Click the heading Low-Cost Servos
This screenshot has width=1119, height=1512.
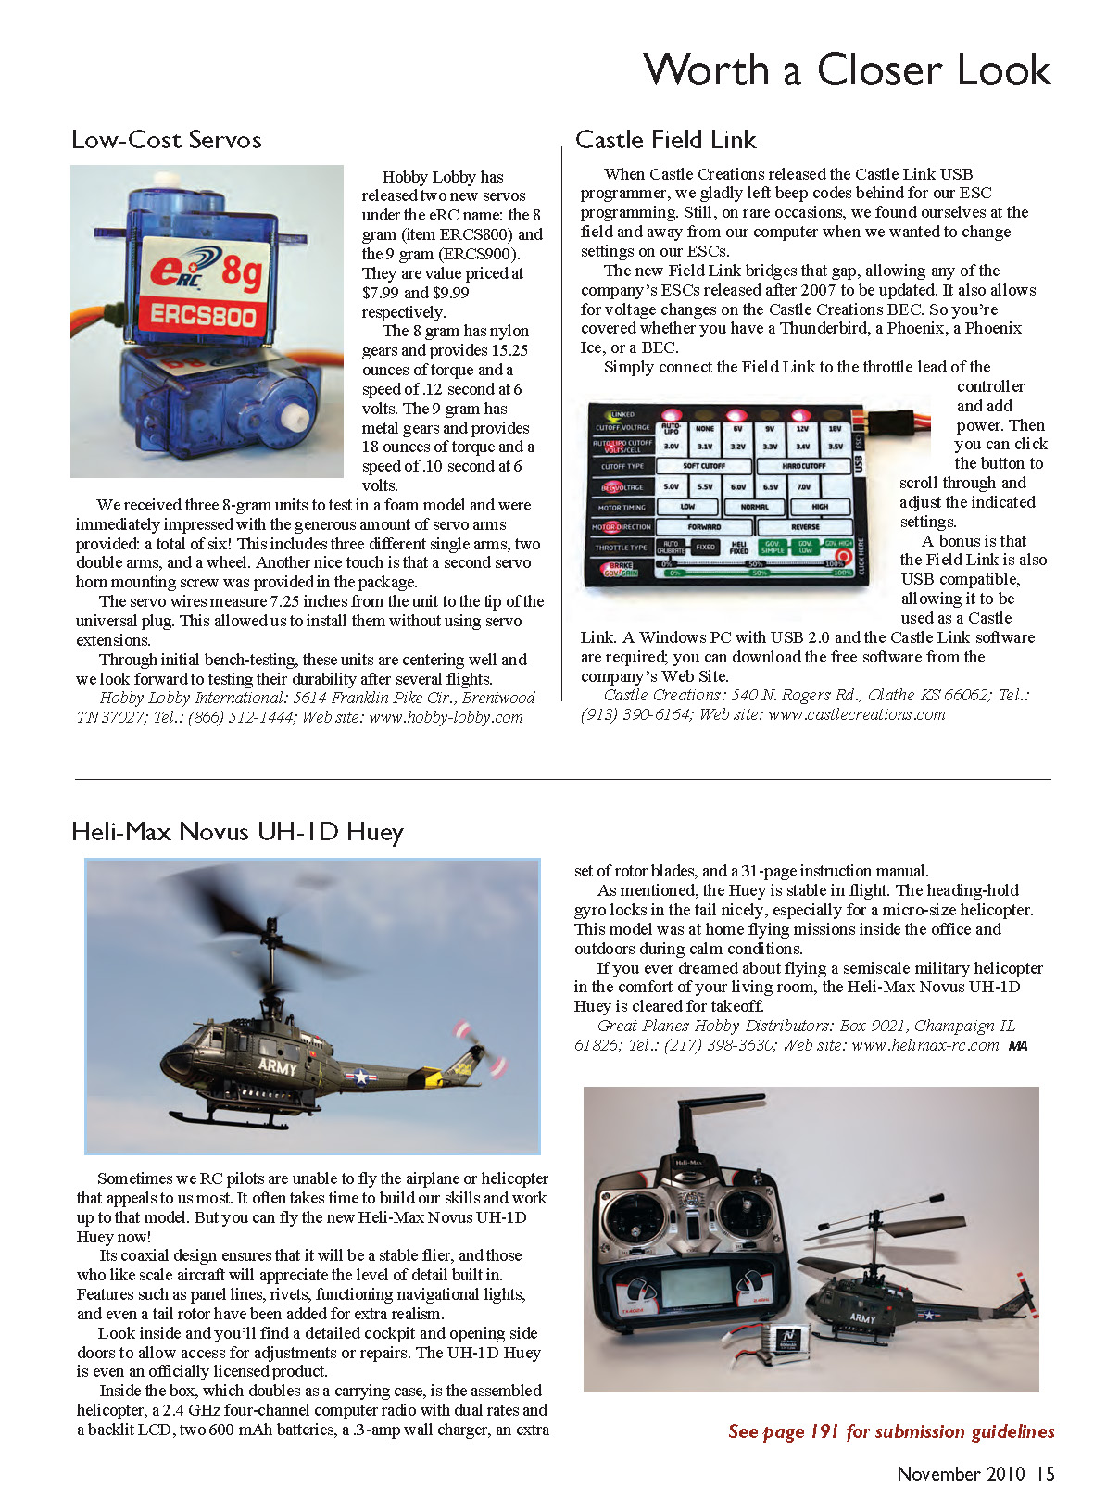pos(167,140)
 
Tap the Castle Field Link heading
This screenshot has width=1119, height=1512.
pos(665,140)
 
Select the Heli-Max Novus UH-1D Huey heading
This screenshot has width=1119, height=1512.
pos(237,831)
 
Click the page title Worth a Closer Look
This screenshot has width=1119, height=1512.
pos(847,70)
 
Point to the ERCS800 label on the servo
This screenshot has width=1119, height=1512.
pos(203,315)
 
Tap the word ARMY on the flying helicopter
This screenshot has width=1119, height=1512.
pos(277,1066)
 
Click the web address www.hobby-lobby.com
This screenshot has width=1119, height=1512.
pos(446,717)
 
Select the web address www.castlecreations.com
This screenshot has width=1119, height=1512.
pos(857,714)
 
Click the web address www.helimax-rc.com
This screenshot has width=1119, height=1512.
pos(924,1045)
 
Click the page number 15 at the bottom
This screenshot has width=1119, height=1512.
pos(1045,1473)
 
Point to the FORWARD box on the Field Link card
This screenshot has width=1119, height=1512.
pos(704,526)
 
